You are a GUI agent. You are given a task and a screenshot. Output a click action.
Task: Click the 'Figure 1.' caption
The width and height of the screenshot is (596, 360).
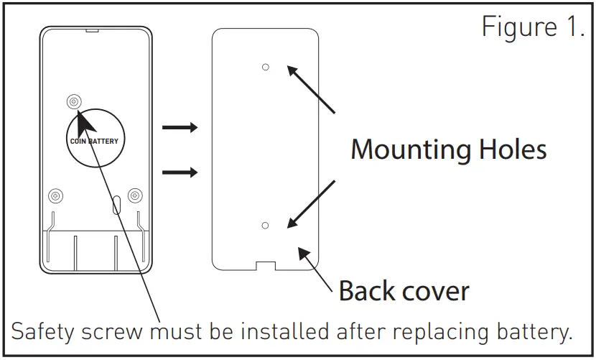pyautogui.click(x=532, y=27)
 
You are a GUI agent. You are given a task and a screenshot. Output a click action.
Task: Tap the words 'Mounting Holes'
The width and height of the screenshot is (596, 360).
pyautogui.click(x=448, y=149)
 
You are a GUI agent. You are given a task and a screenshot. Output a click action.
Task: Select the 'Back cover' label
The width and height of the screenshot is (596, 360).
pyautogui.click(x=404, y=291)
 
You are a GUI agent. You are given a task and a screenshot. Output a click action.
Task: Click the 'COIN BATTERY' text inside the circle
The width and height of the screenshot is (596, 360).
pyautogui.click(x=94, y=141)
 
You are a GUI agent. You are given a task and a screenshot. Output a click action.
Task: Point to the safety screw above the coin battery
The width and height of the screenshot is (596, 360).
pyautogui.click(x=75, y=102)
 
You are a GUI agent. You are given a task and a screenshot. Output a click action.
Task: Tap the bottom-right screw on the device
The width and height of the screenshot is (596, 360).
pyautogui.click(x=134, y=195)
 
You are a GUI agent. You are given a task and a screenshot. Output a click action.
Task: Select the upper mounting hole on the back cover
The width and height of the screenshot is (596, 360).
pyautogui.click(x=265, y=67)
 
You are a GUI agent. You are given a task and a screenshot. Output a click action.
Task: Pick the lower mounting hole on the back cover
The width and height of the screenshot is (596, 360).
pyautogui.click(x=265, y=226)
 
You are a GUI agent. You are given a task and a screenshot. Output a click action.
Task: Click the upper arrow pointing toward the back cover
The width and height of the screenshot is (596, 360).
pyautogui.click(x=180, y=128)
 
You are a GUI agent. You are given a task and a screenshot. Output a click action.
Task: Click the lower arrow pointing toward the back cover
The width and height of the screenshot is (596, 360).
pyautogui.click(x=180, y=172)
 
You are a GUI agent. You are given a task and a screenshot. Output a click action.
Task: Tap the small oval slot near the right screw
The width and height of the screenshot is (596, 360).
pyautogui.click(x=116, y=204)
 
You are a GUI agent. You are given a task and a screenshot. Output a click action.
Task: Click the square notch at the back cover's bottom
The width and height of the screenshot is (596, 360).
pyautogui.click(x=265, y=264)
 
